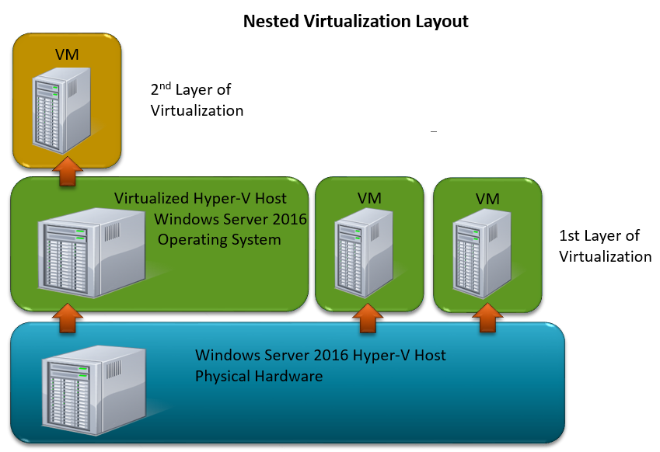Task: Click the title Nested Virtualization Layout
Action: click(x=356, y=21)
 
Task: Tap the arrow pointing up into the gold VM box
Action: click(x=68, y=170)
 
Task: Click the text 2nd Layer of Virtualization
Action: click(x=197, y=100)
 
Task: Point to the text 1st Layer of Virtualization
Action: click(x=605, y=245)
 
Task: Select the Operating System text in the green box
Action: click(x=219, y=239)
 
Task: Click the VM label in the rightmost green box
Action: click(x=487, y=200)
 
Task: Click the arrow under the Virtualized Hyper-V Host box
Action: click(x=68, y=316)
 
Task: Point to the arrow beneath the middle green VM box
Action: click(x=368, y=316)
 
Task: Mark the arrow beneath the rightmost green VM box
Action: click(x=487, y=316)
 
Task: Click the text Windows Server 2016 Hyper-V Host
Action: click(x=320, y=356)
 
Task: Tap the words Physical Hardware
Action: click(x=259, y=377)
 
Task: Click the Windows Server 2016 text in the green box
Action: click(x=231, y=219)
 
